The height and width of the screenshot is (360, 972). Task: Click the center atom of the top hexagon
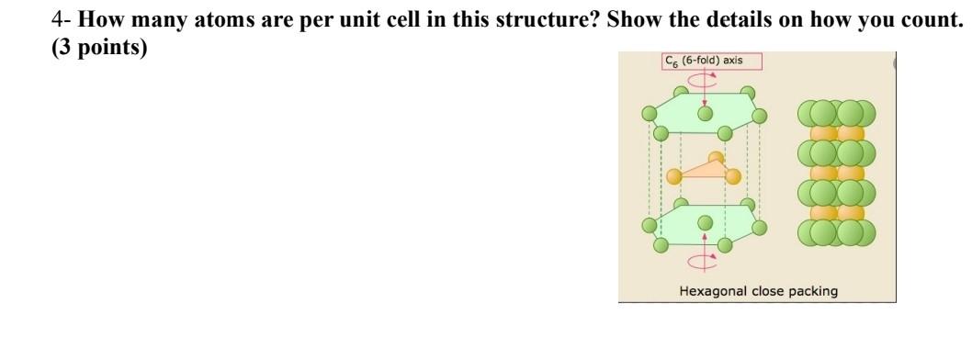(705, 113)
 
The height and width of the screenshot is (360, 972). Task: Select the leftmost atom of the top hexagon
(650, 114)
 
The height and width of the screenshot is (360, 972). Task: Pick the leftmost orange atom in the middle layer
(673, 175)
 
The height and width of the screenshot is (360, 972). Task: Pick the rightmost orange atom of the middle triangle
(732, 175)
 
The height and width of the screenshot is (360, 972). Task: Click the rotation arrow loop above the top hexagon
(705, 78)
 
